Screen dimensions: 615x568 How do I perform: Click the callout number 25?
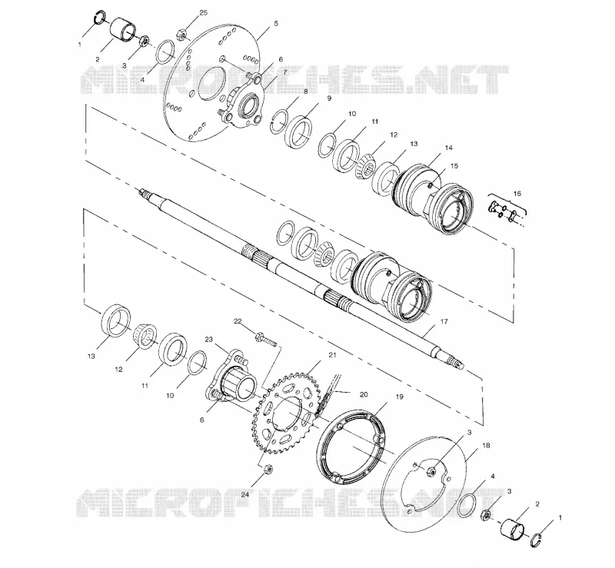coord(203,12)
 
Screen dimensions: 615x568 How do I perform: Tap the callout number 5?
coord(276,24)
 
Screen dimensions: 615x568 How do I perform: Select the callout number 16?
coord(517,194)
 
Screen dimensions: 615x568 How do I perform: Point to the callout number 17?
coord(444,321)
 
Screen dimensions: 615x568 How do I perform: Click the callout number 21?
coord(333,355)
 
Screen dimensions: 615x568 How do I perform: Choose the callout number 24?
coord(244,495)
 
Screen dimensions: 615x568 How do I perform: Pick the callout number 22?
coord(238,321)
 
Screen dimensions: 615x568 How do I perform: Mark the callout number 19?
coord(399,397)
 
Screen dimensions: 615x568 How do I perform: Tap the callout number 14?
coord(449,148)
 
